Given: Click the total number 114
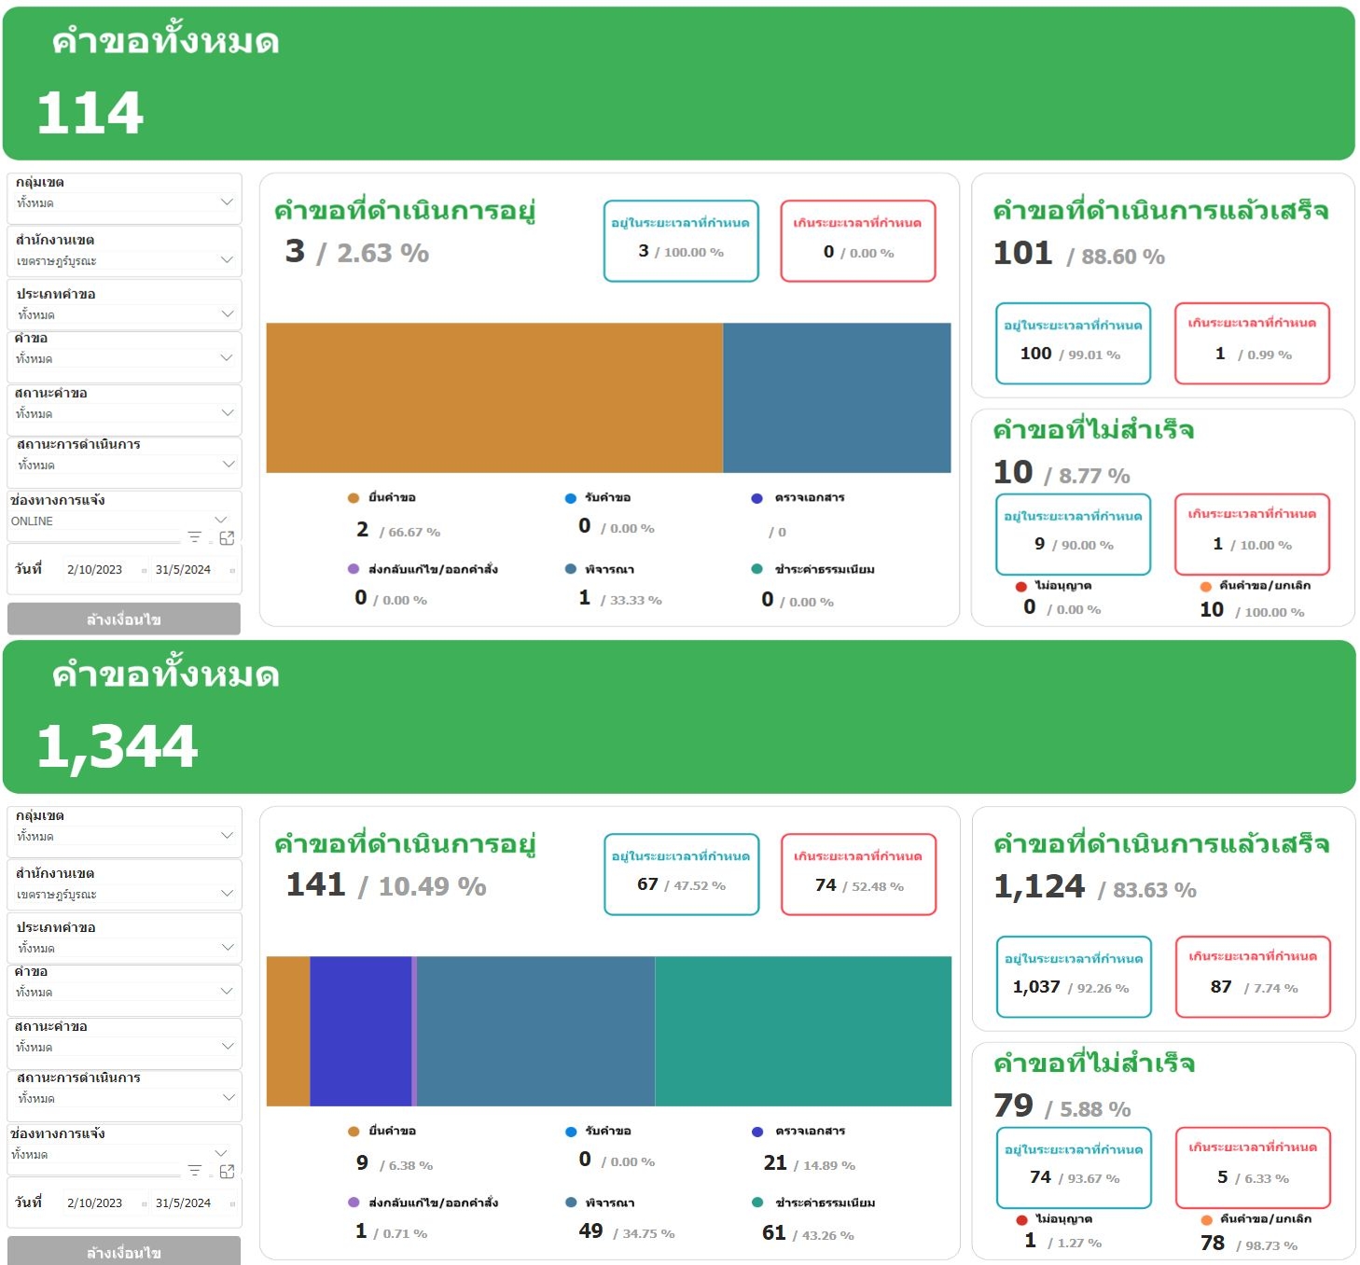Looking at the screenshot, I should [x=90, y=113].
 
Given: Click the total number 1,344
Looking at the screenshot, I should [x=117, y=746].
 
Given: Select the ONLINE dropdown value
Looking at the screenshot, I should [x=33, y=521].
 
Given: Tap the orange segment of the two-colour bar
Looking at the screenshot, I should [x=494, y=397].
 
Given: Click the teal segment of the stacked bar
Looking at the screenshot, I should [x=802, y=1031].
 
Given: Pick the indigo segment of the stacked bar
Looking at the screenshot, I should [x=360, y=1031].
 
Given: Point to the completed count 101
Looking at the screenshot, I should [x=1022, y=253].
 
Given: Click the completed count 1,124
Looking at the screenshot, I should [x=1039, y=886].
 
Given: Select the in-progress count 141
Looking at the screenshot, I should [x=315, y=884].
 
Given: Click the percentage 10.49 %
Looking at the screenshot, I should [x=433, y=886].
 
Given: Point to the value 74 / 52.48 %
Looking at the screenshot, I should [x=858, y=885].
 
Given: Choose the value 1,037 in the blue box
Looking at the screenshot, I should [x=1036, y=987].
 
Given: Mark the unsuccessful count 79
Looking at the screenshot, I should [x=1013, y=1105].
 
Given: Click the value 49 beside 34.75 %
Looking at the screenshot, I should [x=590, y=1231].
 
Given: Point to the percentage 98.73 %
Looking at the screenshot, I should [x=1271, y=1245].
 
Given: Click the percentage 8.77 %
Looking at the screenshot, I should [x=1094, y=476].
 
